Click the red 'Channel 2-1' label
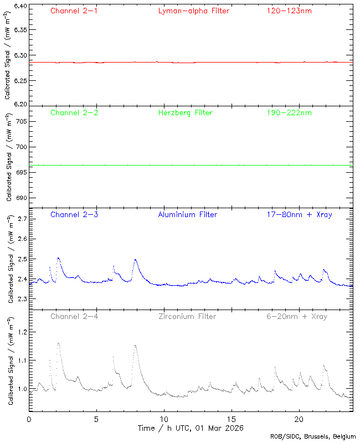pos(74,11)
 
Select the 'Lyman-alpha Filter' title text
pos(193,11)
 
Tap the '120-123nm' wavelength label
pos(289,11)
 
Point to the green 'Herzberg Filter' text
pos(186,112)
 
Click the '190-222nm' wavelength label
pos(289,112)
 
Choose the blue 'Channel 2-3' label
pos(74,214)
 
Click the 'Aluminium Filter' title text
pos(188,214)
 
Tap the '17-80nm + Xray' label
pos(299,214)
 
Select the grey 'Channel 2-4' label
pos(74,316)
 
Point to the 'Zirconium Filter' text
pos(187,316)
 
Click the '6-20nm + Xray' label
pos(296,316)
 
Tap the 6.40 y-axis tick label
pos(20,6)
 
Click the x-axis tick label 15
pos(232,419)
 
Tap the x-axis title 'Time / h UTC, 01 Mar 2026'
pos(191,428)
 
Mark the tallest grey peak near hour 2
pos(58,343)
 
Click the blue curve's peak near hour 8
pos(135,259)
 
